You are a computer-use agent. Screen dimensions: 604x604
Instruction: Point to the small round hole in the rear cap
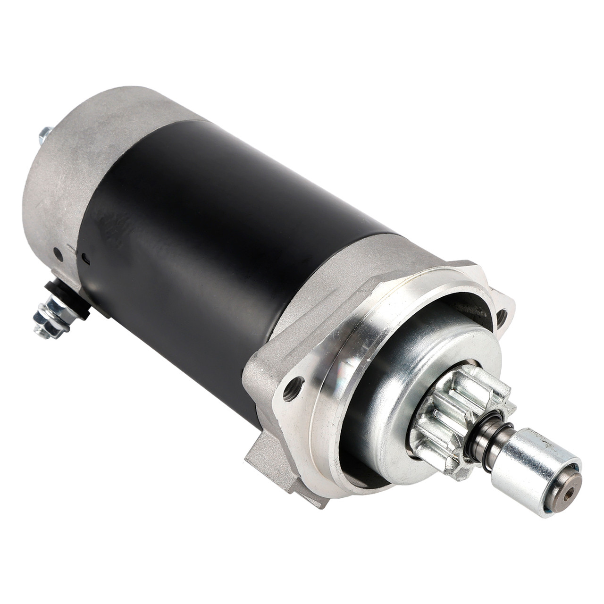(x=58, y=253)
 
